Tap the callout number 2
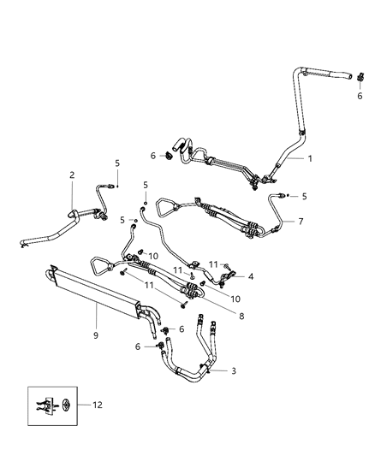(x=73, y=175)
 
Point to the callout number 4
(x=250, y=276)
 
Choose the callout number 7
(x=301, y=222)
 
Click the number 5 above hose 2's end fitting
(x=117, y=163)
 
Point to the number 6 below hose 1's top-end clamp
(x=360, y=96)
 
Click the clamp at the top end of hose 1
(x=360, y=79)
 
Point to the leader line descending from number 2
(x=71, y=193)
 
